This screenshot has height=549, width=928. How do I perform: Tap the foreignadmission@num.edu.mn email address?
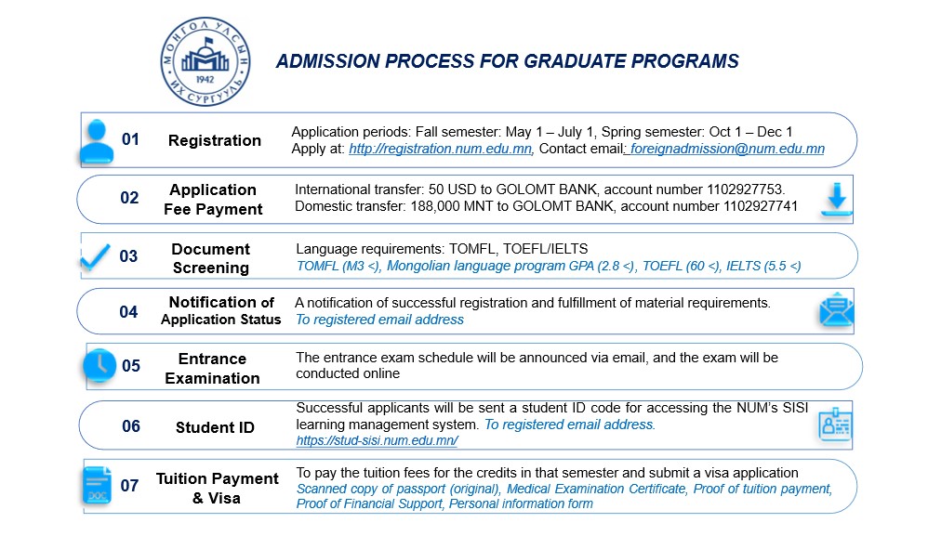click(727, 149)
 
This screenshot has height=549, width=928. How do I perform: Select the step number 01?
click(130, 139)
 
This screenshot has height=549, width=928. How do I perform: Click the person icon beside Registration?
click(97, 140)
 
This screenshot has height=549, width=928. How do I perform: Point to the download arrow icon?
click(836, 200)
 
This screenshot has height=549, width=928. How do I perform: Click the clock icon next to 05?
click(99, 364)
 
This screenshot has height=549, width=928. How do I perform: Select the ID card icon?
click(835, 425)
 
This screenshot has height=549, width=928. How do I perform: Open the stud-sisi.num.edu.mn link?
click(364, 441)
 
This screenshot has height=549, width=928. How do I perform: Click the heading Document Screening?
click(211, 258)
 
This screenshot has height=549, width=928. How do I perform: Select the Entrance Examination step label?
click(212, 368)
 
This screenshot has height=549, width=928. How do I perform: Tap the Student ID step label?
click(214, 427)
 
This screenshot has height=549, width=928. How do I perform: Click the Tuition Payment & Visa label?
click(217, 488)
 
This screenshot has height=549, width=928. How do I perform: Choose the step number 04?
click(128, 311)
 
